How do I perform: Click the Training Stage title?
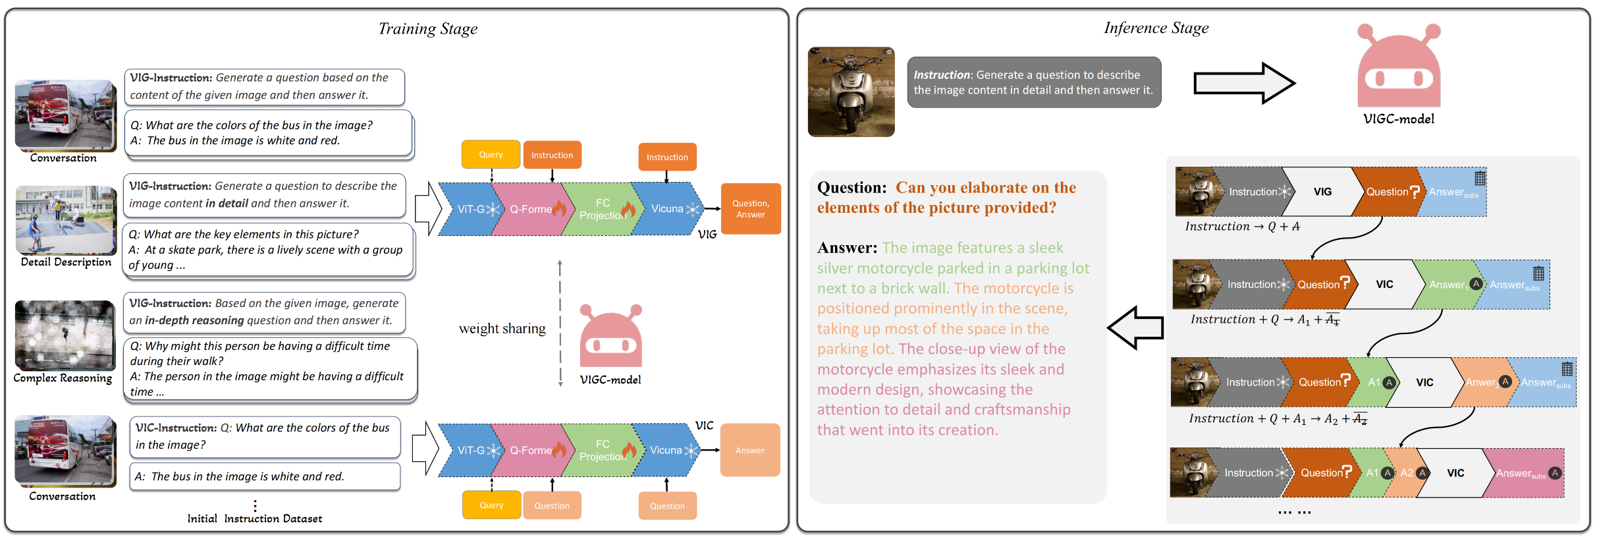427,29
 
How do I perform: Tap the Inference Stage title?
1156,28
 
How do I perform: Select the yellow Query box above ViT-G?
491,155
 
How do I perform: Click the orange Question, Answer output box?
751,209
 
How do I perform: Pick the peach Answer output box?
750,450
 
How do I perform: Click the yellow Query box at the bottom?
491,505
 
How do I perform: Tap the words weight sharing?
502,328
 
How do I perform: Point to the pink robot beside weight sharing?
610,337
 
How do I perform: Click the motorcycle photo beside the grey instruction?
851,92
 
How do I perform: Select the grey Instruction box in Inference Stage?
1033,82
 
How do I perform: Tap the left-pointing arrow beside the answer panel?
1135,327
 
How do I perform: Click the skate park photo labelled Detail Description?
66,220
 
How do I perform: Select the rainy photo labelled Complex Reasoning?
65,335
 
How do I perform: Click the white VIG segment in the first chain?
1322,192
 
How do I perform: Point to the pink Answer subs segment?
1523,473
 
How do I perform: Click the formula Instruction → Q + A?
1242,227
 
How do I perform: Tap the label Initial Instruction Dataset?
255,519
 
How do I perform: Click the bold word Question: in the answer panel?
852,188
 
